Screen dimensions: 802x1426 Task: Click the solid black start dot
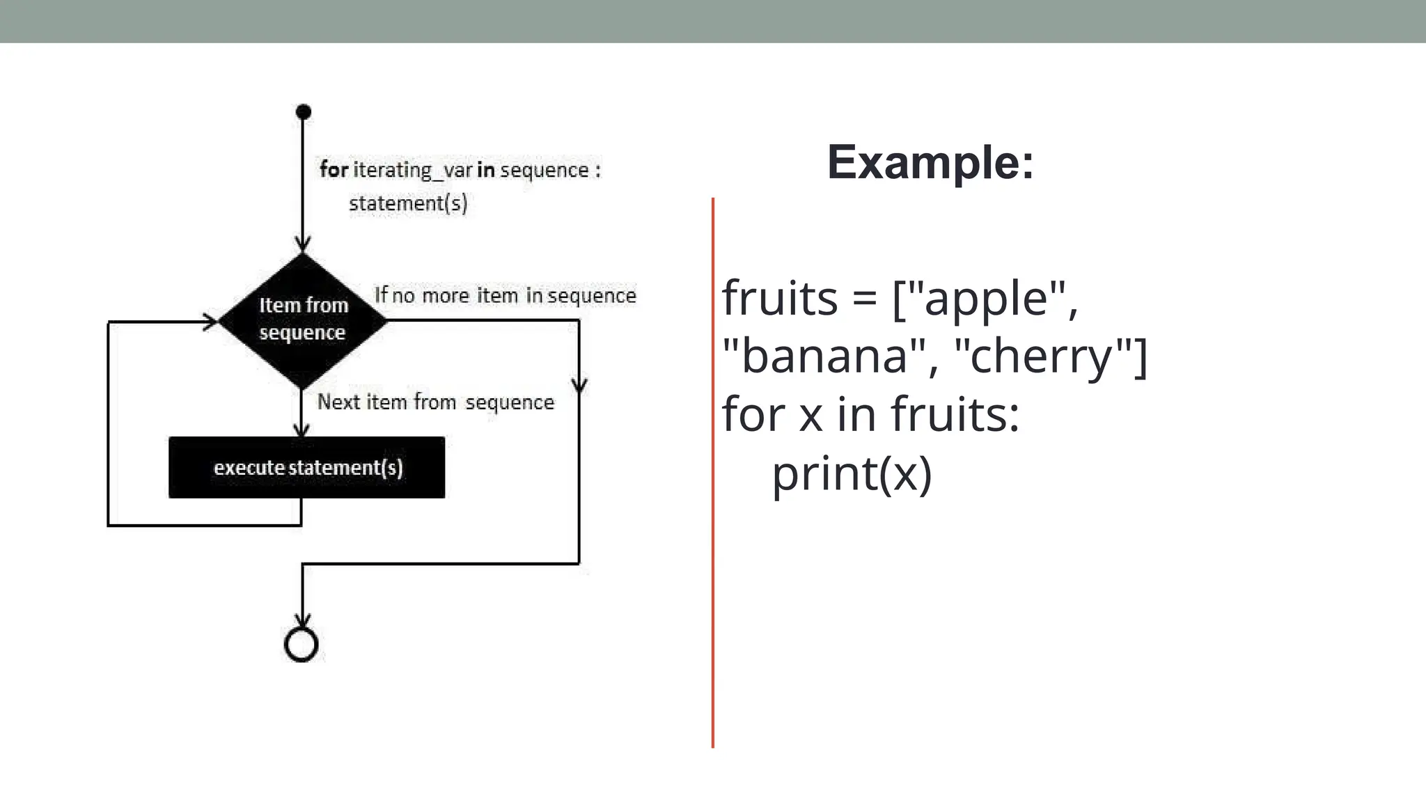point(303,112)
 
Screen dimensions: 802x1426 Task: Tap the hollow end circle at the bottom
point(301,645)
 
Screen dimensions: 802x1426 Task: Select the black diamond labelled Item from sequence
point(302,320)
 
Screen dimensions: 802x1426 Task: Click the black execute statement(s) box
point(306,467)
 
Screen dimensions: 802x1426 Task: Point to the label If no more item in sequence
point(505,295)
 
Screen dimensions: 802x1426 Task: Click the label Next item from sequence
point(435,402)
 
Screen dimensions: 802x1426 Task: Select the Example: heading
point(930,162)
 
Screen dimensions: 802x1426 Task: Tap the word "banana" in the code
point(824,356)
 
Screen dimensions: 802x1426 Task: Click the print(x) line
point(852,473)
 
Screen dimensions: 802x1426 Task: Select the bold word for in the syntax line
point(334,169)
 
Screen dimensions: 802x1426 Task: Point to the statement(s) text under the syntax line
point(408,203)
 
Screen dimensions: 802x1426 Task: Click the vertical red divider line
point(713,473)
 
